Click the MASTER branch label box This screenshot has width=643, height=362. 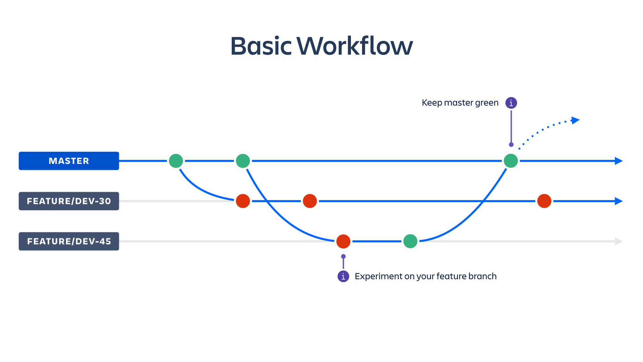69,161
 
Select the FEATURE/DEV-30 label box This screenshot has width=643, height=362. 69,201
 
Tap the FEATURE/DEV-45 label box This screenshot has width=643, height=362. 69,241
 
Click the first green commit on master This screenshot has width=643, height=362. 176,161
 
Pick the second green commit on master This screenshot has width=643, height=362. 243,161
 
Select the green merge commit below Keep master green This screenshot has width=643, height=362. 511,161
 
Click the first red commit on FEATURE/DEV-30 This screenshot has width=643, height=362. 243,201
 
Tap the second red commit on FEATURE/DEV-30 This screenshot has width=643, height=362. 310,201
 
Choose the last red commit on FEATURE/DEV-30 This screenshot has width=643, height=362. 544,201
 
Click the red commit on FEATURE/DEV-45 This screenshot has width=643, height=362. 343,241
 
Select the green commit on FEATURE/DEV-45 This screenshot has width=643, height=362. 410,241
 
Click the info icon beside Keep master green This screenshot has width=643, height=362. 511,103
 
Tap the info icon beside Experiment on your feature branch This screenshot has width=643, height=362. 343,276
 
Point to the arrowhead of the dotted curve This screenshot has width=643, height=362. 575,120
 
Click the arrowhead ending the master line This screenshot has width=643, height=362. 619,161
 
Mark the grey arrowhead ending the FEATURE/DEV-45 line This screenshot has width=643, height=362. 619,241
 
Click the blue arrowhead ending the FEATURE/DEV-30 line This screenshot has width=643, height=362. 619,201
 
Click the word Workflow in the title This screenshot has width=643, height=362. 355,46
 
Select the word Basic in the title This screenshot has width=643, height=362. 261,46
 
